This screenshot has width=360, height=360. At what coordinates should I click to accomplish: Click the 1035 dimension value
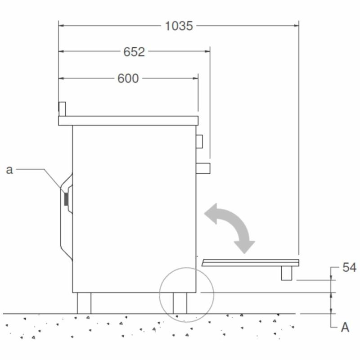tap(179, 26)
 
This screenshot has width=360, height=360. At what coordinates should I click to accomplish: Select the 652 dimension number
tap(134, 52)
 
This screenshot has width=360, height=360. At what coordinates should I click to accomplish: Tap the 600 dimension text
tap(128, 78)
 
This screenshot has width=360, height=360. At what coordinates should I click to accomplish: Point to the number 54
tap(349, 267)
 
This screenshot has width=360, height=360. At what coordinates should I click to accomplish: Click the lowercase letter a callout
tap(9, 170)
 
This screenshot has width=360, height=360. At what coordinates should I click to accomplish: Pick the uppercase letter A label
tap(345, 327)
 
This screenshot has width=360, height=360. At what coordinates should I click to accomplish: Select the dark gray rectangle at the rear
tap(66, 199)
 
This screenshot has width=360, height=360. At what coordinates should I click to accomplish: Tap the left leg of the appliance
tap(84, 303)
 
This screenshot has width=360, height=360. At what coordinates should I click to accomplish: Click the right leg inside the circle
tap(180, 303)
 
